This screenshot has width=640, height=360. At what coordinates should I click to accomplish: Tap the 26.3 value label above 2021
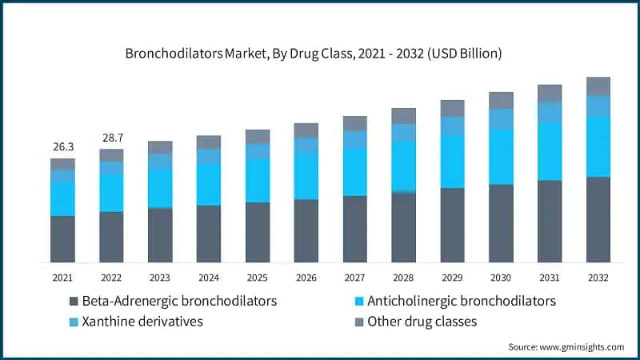(x=62, y=146)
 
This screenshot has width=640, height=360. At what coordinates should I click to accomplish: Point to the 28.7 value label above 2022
(x=111, y=138)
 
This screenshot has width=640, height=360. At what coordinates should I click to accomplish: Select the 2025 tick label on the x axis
(x=257, y=278)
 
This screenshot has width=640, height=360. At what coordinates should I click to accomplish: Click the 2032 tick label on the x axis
(x=598, y=278)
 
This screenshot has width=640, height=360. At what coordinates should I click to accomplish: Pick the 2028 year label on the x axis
(x=403, y=278)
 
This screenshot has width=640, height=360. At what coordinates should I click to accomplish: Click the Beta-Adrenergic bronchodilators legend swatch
(x=74, y=302)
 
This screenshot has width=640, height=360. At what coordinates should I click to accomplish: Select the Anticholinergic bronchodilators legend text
(x=462, y=302)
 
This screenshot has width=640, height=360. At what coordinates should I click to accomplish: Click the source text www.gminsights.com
(x=566, y=346)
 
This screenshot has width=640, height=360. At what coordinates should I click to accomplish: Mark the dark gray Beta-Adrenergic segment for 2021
(x=62, y=238)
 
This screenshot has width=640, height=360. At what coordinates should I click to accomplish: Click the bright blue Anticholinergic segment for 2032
(x=598, y=146)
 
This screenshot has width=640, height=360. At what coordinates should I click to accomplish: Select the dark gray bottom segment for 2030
(x=501, y=223)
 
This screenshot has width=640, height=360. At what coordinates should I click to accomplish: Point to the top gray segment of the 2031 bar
(x=550, y=93)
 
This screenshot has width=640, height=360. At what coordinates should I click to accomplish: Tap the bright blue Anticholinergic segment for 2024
(x=208, y=184)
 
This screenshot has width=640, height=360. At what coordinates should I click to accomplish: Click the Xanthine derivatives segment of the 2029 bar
(x=452, y=126)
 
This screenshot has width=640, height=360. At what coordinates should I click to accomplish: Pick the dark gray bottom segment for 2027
(x=354, y=229)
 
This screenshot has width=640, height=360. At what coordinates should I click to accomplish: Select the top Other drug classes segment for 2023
(x=160, y=147)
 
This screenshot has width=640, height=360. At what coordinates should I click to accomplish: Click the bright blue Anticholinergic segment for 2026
(x=306, y=176)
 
